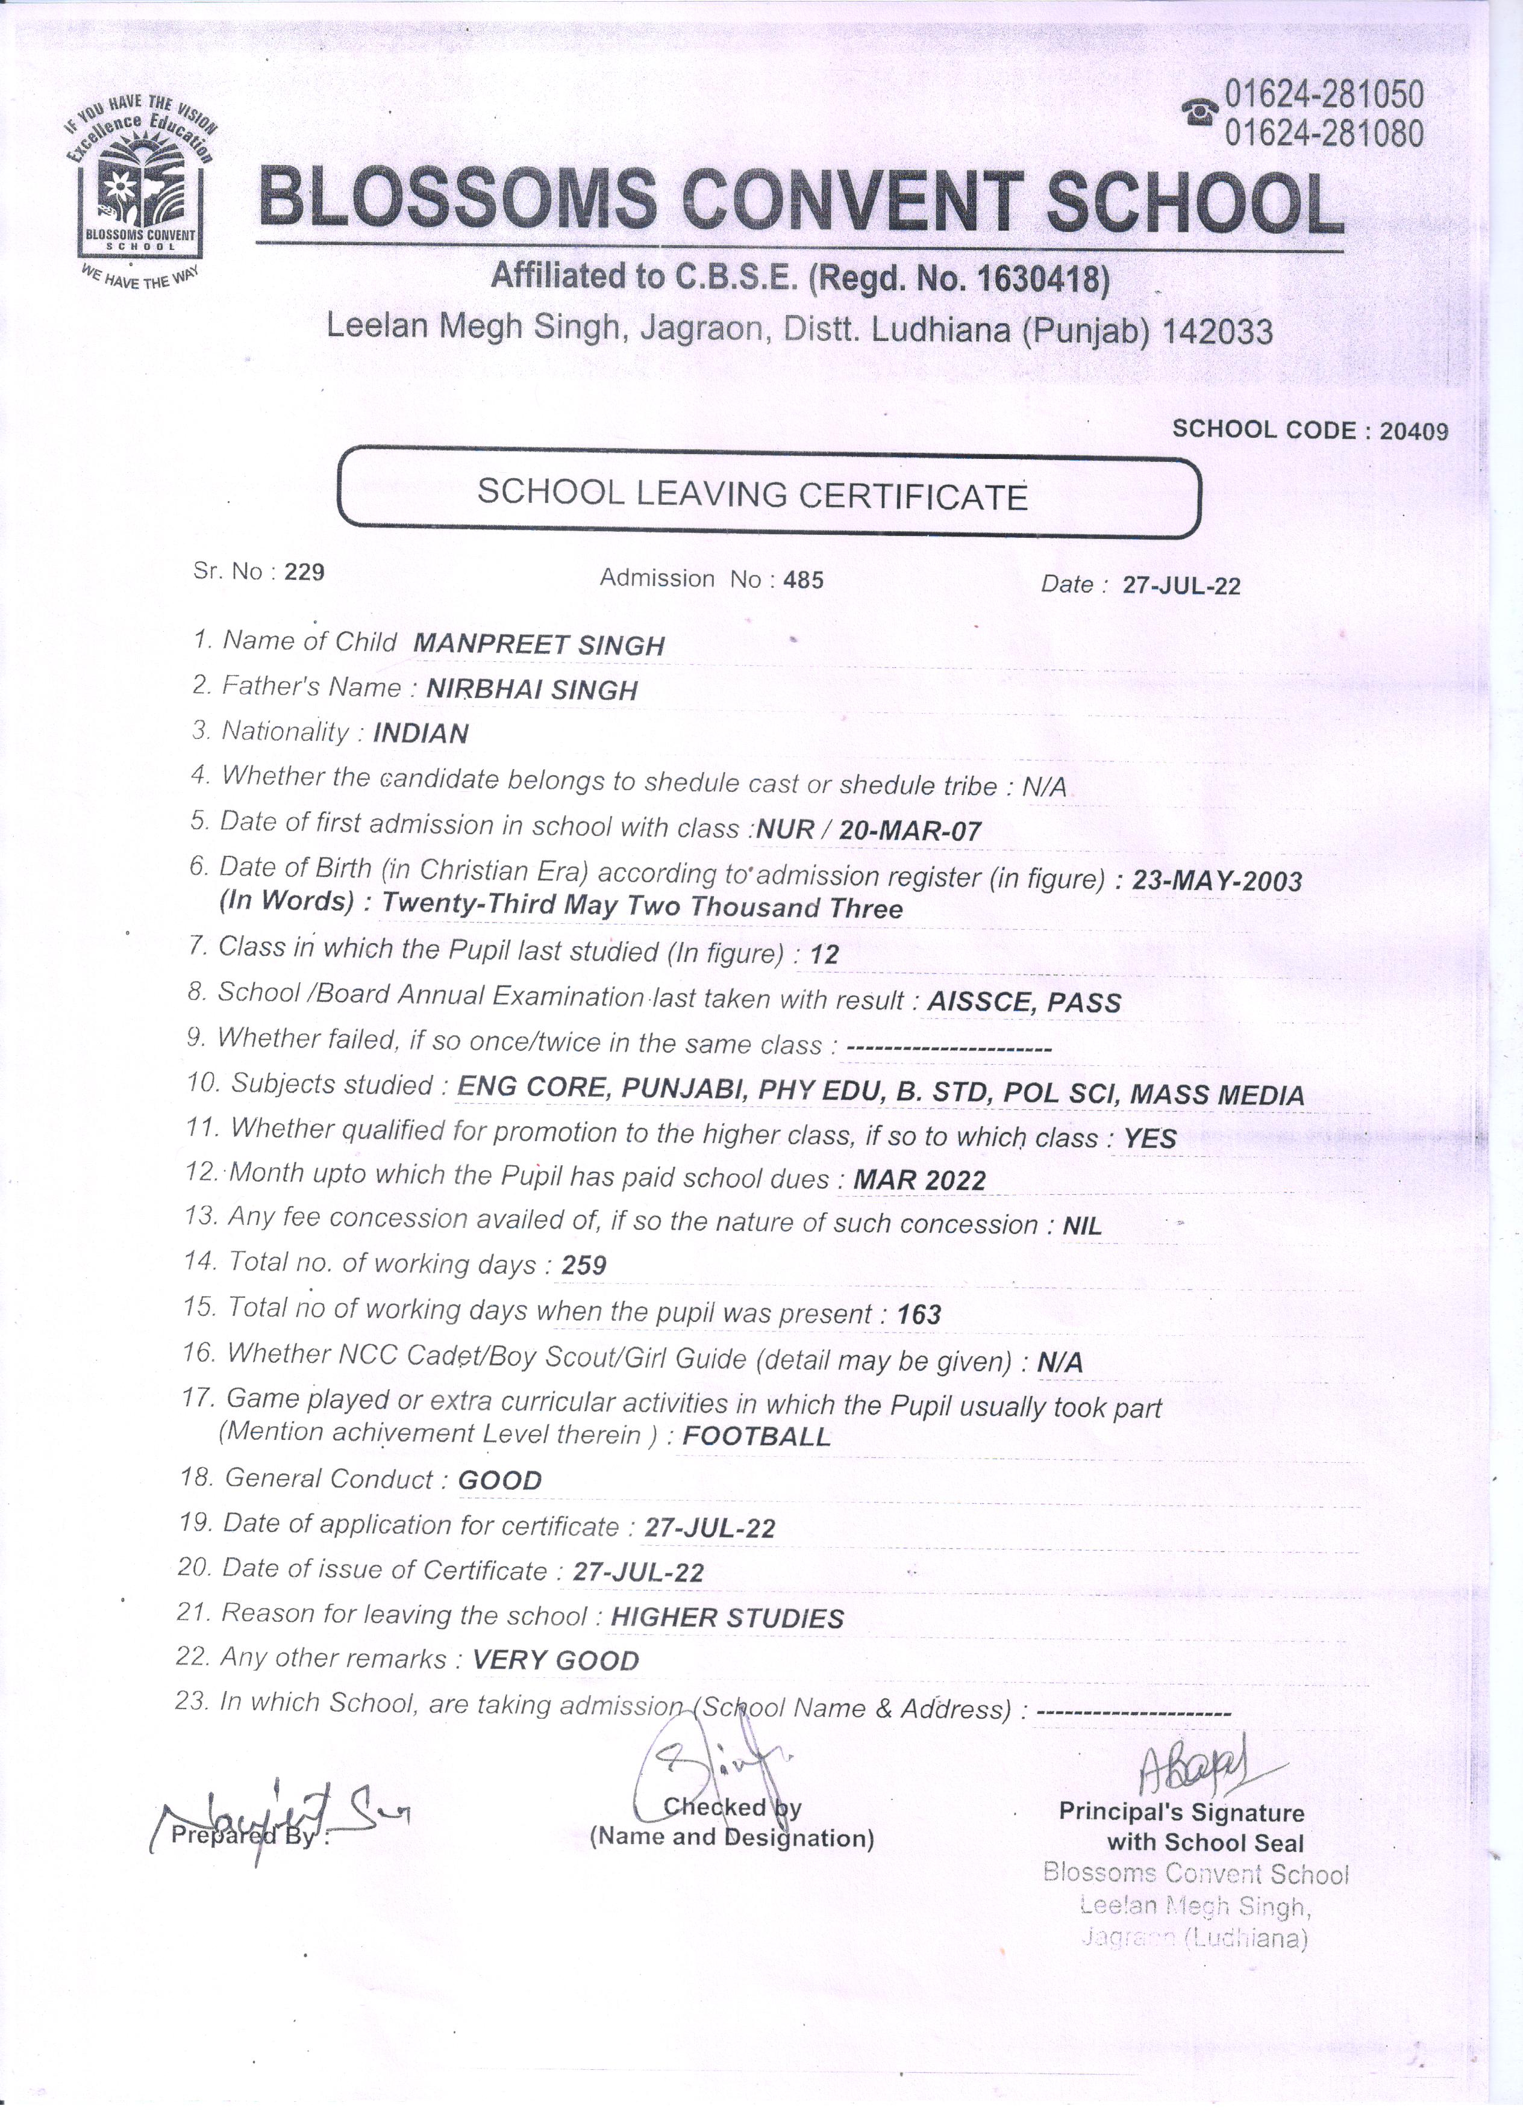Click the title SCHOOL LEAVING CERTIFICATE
752,494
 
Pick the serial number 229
305,572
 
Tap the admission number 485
803,580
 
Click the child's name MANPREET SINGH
539,644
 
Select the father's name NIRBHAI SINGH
532,689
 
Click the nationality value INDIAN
420,734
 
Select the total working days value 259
584,1265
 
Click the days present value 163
919,1314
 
